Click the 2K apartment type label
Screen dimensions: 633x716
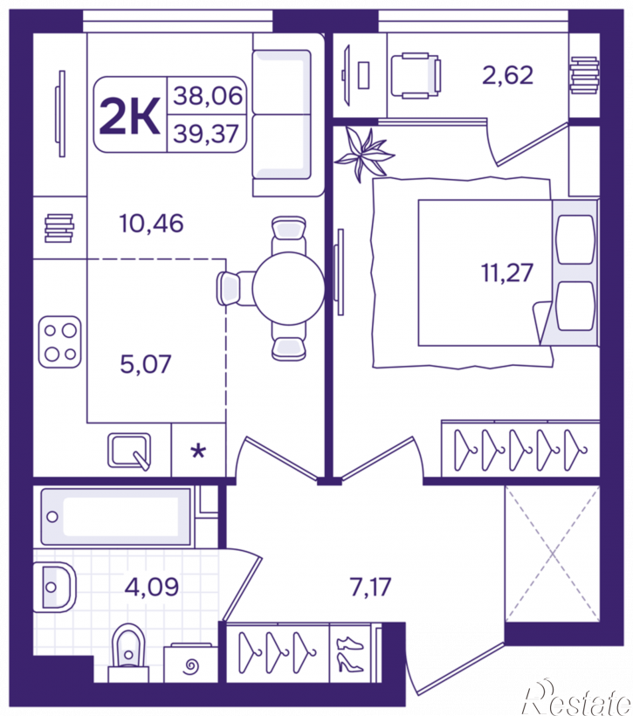pos(130,116)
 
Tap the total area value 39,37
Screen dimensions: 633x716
pos(206,134)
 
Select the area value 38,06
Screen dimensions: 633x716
pos(208,96)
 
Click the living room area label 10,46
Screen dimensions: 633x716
pos(151,224)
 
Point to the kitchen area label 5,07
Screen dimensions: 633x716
pos(145,364)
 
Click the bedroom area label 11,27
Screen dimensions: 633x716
pos(507,272)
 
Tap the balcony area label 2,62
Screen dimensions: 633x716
pos(508,75)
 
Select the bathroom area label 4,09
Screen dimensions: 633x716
pos(152,587)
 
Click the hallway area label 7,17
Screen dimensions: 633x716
pos(370,587)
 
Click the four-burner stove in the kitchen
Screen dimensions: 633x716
pos(60,342)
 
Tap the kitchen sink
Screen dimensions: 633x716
pos(129,451)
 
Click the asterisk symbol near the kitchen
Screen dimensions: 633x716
pos(198,451)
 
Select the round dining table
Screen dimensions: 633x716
pos(289,289)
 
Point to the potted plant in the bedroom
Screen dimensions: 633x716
pos(364,154)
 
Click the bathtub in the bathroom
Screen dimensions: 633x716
pos(115,516)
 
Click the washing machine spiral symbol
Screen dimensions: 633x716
pos(191,666)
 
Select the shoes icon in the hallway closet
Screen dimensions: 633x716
pos(350,654)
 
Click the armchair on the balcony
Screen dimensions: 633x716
pos(416,75)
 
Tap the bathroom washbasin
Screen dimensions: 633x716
pos(55,587)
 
